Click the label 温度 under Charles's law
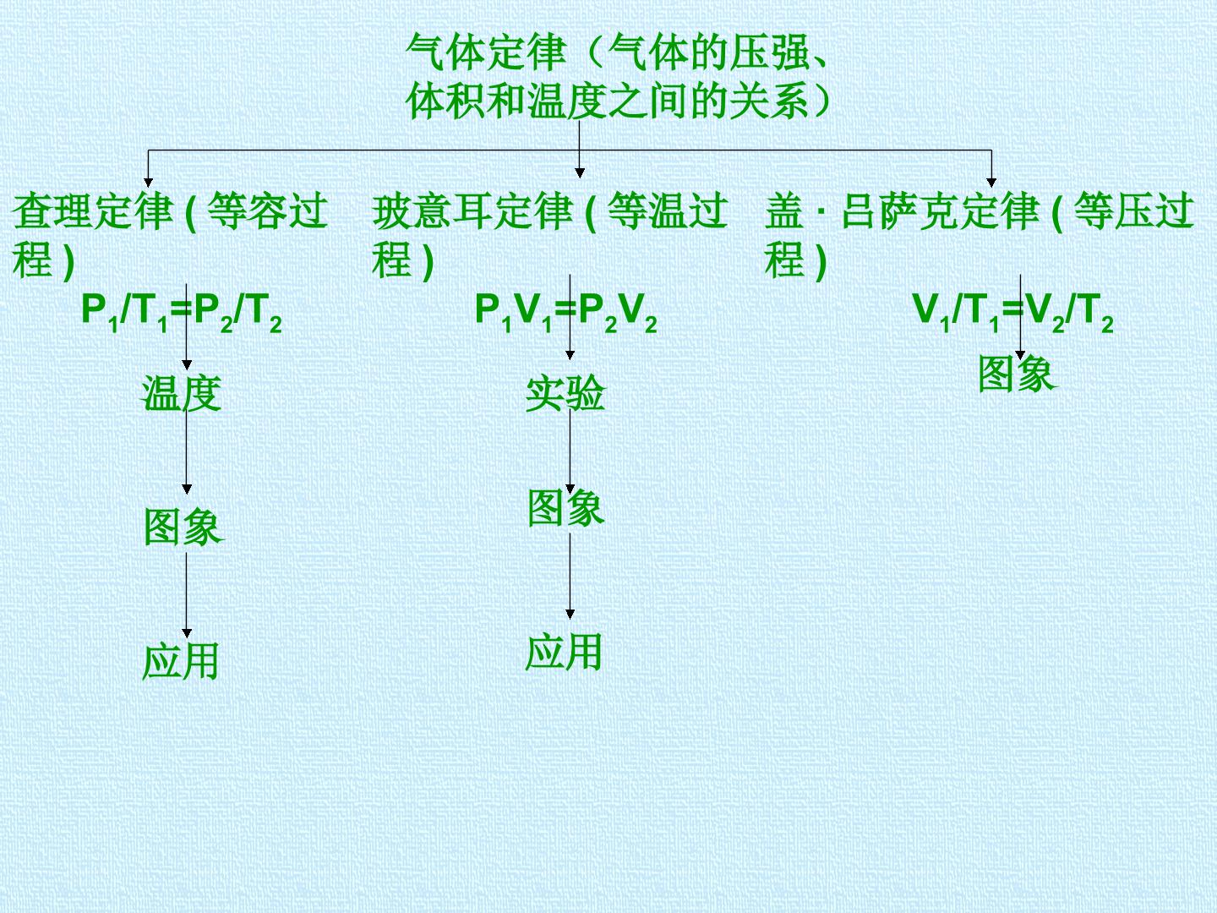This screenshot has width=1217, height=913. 182,394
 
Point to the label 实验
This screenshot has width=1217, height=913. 565,394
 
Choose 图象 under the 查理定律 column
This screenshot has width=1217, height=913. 183,527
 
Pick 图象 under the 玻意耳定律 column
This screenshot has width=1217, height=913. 565,508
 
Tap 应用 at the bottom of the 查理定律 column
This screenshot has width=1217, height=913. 181,661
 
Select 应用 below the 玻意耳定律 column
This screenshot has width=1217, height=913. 564,652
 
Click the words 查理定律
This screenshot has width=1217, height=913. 93,211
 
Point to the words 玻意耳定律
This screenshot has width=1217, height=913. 472,211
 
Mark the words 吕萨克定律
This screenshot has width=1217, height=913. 940,211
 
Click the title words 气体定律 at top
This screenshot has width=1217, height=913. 486,52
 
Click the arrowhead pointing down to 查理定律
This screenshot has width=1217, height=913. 148,183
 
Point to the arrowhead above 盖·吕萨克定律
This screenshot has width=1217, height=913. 991,183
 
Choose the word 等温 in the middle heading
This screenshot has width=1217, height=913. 647,211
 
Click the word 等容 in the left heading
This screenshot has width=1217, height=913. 248,211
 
